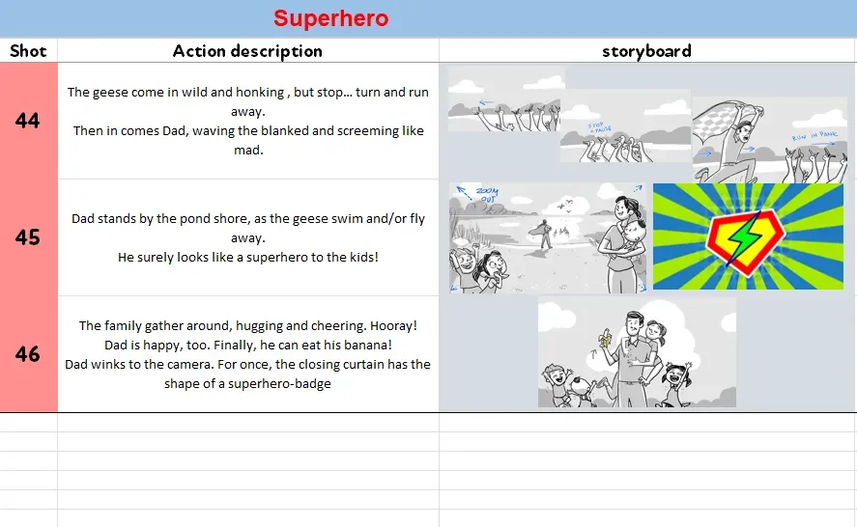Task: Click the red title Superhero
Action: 330,18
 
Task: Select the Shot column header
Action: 28,51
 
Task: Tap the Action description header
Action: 247,51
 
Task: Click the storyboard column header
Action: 646,51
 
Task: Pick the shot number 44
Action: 28,121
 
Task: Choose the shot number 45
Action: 28,237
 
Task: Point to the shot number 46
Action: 28,354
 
